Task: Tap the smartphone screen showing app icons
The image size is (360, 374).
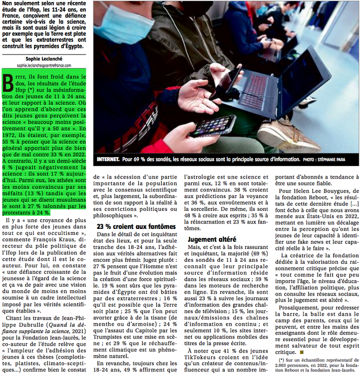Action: point(213,126)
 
